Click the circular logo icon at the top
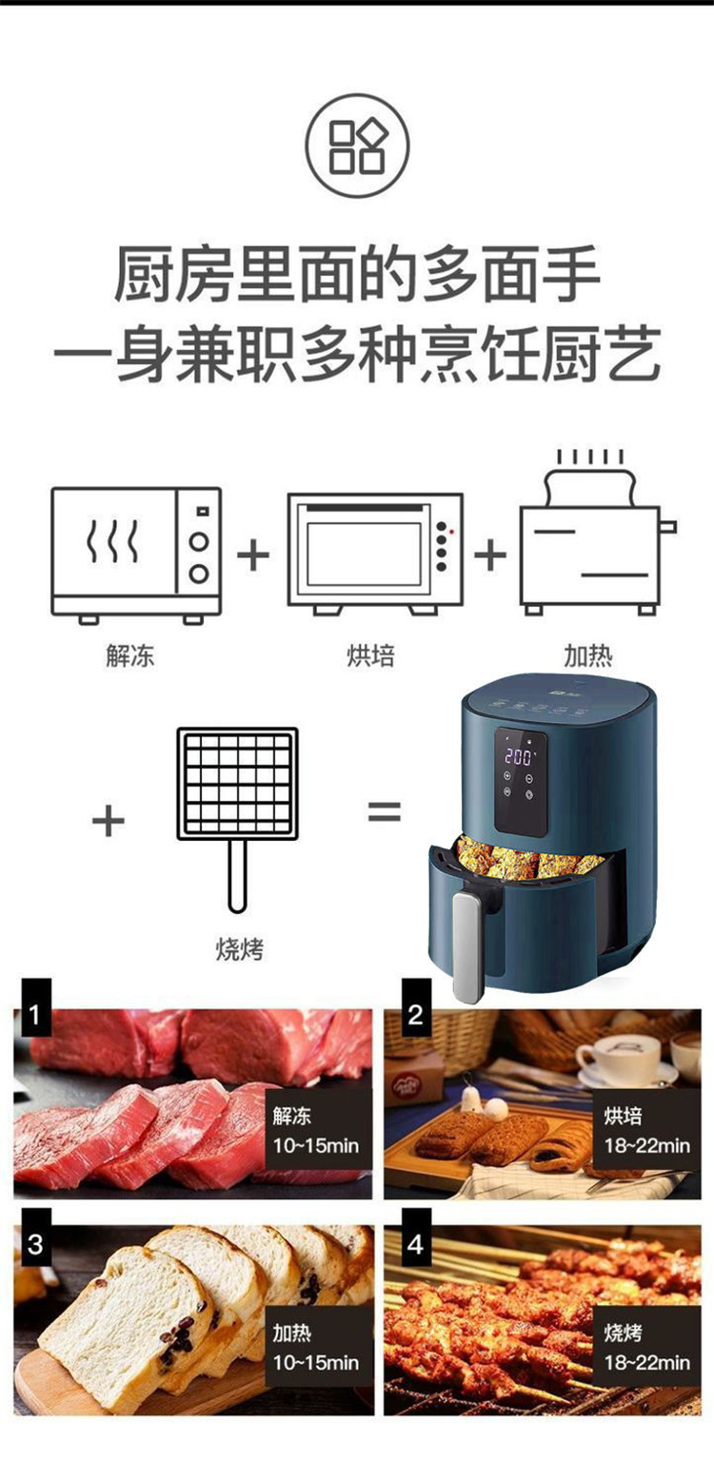[357, 146]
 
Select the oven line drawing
[375, 554]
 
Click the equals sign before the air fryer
[384, 810]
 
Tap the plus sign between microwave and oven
[253, 554]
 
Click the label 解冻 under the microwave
[129, 655]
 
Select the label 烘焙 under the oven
[370, 655]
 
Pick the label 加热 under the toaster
[587, 655]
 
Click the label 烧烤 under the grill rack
[239, 949]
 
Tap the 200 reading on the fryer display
[518, 756]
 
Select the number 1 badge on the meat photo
[36, 1014]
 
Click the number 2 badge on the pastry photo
[416, 1014]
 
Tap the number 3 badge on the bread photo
[36, 1244]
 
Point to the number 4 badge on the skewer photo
[416, 1244]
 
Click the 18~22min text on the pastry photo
[647, 1145]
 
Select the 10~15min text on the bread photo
[316, 1362]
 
